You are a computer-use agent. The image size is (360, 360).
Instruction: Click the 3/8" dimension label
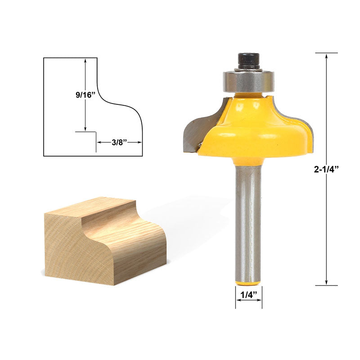[x=119, y=142]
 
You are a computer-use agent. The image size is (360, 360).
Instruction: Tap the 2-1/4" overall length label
[x=326, y=169]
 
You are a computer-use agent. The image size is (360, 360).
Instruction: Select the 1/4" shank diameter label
[x=248, y=296]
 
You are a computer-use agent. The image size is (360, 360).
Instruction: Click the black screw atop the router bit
[x=248, y=61]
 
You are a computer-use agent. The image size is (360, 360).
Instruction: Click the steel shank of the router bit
[x=248, y=216]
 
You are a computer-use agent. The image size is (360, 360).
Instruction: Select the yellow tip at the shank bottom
[x=248, y=282]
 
